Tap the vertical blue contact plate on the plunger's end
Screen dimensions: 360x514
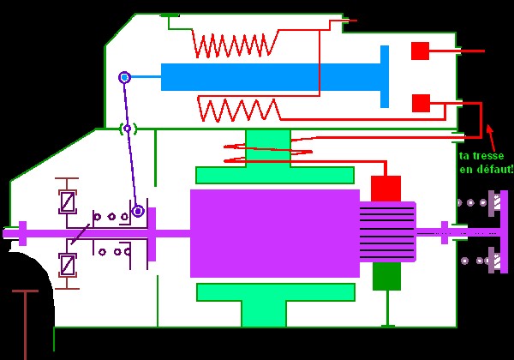[385, 76]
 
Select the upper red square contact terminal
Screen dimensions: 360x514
[420, 51]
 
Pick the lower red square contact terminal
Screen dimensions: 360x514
[421, 103]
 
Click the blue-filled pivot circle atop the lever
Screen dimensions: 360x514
[125, 77]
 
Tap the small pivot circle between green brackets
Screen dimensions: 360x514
[128, 129]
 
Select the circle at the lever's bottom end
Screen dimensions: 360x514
[137, 210]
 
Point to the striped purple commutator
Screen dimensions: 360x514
[387, 231]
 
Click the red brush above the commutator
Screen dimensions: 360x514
[385, 188]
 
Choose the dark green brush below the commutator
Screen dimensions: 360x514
[386, 276]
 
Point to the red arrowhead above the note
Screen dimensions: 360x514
[489, 129]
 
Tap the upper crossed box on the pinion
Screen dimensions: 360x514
[68, 201]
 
